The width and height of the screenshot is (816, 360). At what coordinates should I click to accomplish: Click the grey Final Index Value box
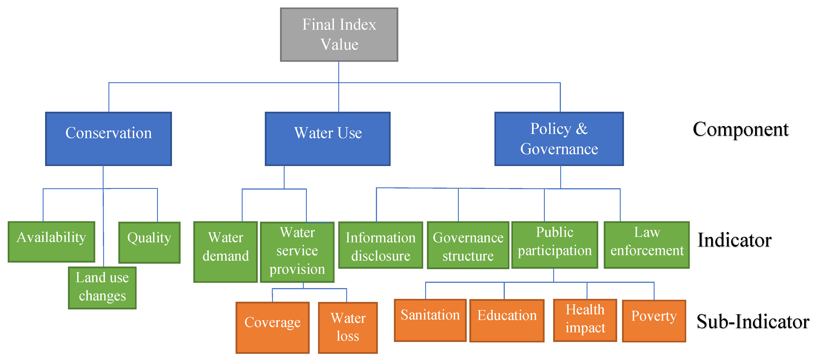pyautogui.click(x=339, y=35)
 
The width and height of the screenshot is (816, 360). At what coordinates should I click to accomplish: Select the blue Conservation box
pyautogui.click(x=108, y=139)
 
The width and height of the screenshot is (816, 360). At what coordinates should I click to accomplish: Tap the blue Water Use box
pyautogui.click(x=327, y=139)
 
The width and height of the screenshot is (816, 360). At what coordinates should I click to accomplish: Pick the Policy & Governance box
pyautogui.click(x=559, y=139)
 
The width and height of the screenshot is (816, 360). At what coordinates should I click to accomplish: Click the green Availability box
pyautogui.click(x=51, y=242)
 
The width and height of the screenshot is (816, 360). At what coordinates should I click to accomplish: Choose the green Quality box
pyautogui.click(x=149, y=242)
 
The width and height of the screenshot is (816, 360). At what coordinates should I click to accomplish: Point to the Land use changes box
pyautogui.click(x=102, y=287)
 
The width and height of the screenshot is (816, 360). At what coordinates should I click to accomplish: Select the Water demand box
pyautogui.click(x=225, y=252)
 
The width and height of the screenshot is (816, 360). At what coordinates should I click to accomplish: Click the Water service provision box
pyautogui.click(x=297, y=252)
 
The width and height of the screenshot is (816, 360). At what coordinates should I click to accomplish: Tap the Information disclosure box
pyautogui.click(x=381, y=245)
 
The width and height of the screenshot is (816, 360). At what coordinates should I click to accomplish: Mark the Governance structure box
pyautogui.click(x=468, y=245)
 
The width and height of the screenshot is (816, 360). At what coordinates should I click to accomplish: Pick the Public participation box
pyautogui.click(x=555, y=245)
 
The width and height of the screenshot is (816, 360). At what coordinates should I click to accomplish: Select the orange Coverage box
pyautogui.click(x=273, y=327)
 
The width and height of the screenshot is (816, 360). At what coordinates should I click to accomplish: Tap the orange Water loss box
pyautogui.click(x=348, y=327)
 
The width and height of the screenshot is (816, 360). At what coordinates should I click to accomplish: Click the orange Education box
pyautogui.click(x=507, y=320)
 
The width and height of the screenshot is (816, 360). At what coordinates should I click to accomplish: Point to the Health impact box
pyautogui.click(x=585, y=320)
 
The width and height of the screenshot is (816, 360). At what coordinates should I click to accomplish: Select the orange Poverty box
pyautogui.click(x=654, y=321)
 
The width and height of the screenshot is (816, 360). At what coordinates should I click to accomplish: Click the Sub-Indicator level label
pyautogui.click(x=753, y=322)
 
